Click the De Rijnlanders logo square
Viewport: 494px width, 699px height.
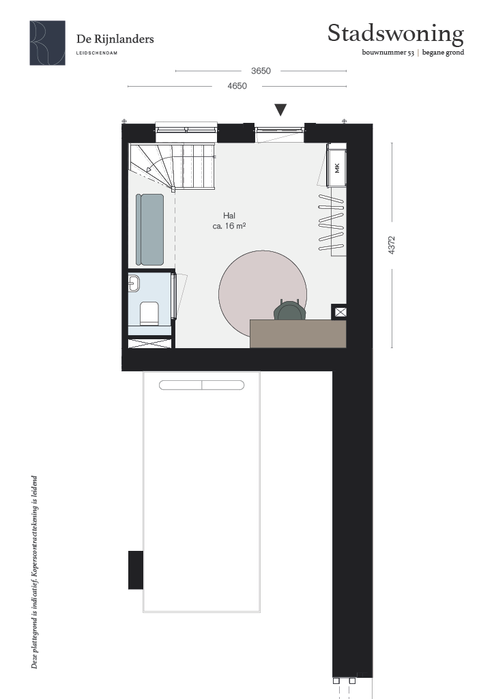click(47, 43)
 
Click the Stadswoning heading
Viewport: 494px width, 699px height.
click(396, 34)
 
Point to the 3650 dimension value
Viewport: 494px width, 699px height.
click(261, 71)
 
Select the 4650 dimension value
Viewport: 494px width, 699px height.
click(237, 86)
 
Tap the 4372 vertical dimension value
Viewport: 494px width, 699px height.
click(392, 245)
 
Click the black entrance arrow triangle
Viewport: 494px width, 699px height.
click(280, 109)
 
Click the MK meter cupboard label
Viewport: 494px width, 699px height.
click(337, 168)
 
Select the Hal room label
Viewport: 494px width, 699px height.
click(229, 216)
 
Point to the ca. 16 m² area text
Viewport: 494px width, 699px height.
click(229, 226)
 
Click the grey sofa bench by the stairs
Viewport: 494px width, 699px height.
click(149, 229)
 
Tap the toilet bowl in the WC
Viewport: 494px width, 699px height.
click(149, 313)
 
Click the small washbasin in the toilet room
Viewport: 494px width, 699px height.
click(134, 283)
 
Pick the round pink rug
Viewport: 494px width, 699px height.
click(263, 294)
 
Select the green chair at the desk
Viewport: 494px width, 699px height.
click(289, 311)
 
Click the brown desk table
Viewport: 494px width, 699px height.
click(298, 334)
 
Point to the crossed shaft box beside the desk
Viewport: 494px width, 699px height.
click(340, 312)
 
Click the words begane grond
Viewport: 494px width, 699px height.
click(444, 53)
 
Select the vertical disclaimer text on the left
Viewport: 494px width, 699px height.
click(34, 573)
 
